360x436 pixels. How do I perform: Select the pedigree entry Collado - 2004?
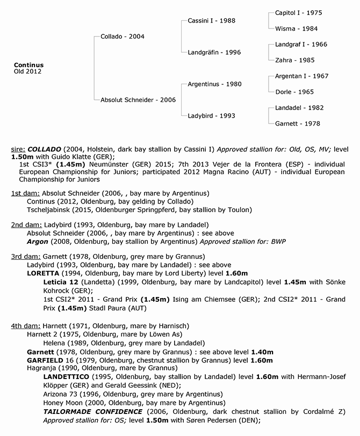(123, 37)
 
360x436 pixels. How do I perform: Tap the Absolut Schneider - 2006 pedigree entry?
(138, 100)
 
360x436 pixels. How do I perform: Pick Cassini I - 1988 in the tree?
(211, 20)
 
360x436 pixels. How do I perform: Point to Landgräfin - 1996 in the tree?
(214, 53)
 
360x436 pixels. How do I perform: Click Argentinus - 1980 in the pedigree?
(214, 84)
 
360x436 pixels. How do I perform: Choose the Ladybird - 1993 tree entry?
(211, 115)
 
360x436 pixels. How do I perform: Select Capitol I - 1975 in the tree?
(298, 12)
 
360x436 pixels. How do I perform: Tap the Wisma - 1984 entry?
(296, 28)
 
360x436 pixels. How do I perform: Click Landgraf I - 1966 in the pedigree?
(300, 45)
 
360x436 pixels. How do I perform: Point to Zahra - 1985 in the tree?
(294, 61)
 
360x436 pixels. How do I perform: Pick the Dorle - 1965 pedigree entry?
(294, 92)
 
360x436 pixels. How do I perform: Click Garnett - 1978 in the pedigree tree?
(297, 123)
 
